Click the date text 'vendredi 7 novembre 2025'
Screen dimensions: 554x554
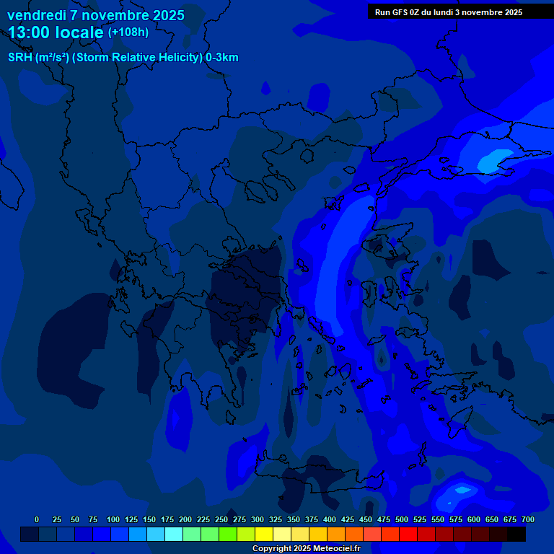click(96, 15)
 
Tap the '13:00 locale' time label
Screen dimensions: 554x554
click(56, 32)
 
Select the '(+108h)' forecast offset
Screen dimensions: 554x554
click(128, 32)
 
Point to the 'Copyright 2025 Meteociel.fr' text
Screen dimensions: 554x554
click(306, 548)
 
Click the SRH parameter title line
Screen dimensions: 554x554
click(123, 58)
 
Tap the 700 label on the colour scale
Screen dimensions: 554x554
click(527, 519)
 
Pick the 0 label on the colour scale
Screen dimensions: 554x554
click(37, 519)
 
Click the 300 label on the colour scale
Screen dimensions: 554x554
click(258, 519)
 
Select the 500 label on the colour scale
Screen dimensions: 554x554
click(402, 519)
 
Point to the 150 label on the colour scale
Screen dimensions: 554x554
click(149, 519)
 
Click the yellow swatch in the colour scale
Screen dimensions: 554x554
click(264, 534)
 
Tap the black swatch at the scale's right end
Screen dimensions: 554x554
click(516, 534)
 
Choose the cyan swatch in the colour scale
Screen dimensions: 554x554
click(174, 534)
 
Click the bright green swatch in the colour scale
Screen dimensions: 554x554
click(228, 534)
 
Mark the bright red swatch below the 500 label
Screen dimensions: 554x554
click(408, 534)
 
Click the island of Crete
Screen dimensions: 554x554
click(317, 481)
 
